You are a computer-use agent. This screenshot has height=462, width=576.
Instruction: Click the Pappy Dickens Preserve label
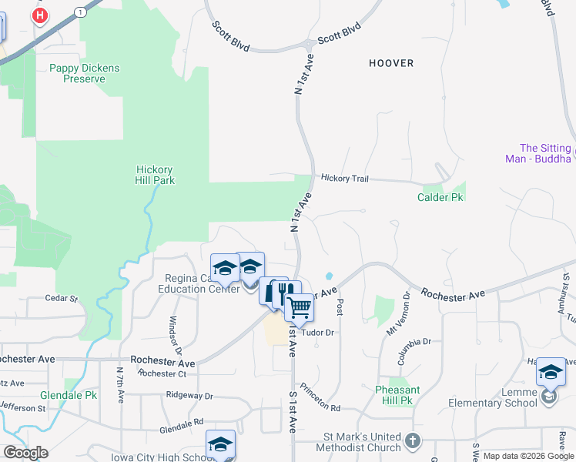click(x=85, y=73)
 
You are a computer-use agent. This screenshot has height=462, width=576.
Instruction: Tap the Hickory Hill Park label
click(x=155, y=175)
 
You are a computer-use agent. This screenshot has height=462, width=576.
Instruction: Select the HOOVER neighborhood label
click(x=391, y=63)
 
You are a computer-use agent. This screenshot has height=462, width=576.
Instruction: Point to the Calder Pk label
click(x=440, y=197)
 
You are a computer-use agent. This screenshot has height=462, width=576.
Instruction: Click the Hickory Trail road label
click(x=345, y=179)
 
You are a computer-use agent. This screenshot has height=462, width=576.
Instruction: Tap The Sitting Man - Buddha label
click(x=546, y=153)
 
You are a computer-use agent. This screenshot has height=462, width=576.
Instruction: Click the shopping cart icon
click(x=299, y=307)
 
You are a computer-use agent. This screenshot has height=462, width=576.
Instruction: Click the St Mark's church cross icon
click(x=414, y=441)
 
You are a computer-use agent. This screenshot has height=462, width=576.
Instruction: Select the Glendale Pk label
click(x=69, y=395)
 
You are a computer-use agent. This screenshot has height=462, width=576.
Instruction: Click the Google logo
click(x=25, y=452)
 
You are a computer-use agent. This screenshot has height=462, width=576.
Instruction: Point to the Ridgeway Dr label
click(x=189, y=395)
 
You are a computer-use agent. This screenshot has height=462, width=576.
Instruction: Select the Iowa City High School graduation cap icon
click(x=220, y=444)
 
